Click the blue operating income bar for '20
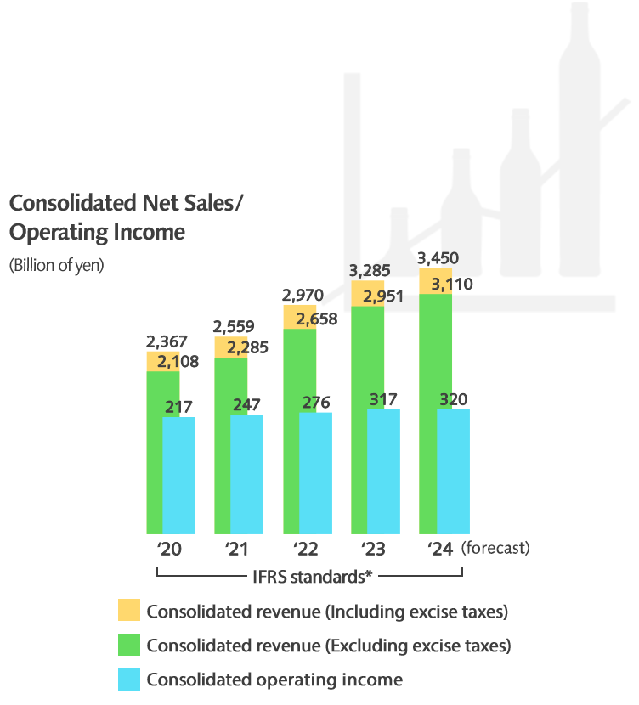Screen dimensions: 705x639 click(x=178, y=475)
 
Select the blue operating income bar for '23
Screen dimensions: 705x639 click(x=383, y=471)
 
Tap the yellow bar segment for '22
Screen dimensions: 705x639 click(x=299, y=317)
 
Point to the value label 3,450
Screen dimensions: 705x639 click(x=440, y=257)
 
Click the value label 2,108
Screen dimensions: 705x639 click(x=178, y=361)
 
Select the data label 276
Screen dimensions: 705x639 click(x=315, y=402)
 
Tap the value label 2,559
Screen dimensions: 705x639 click(x=234, y=325)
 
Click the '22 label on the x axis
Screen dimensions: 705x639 click(x=305, y=548)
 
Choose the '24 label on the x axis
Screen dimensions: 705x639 click(x=441, y=548)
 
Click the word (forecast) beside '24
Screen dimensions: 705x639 click(x=495, y=548)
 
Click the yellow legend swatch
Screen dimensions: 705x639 click(x=129, y=611)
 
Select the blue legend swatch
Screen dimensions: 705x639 click(x=129, y=679)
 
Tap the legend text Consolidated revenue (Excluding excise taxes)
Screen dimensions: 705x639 click(x=329, y=646)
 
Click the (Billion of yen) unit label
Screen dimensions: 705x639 click(x=56, y=265)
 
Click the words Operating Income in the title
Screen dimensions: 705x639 click(x=97, y=232)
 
